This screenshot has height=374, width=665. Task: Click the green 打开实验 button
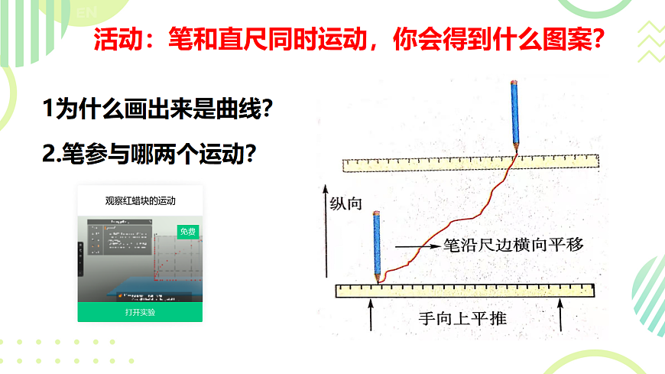point(140,312)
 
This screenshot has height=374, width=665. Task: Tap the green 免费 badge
point(187,231)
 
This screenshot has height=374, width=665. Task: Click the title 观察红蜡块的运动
point(140,201)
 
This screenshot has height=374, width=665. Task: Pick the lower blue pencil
point(377,245)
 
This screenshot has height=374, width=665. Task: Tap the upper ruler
point(470,162)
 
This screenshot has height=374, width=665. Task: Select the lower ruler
point(465,291)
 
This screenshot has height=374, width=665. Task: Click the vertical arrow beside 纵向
point(326,229)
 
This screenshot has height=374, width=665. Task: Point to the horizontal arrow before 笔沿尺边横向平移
point(416,246)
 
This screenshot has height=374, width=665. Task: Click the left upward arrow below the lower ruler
point(371,315)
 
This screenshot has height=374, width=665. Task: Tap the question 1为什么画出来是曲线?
point(159,110)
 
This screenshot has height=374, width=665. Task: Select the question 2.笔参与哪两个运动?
point(149,154)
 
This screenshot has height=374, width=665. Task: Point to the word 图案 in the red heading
point(562,40)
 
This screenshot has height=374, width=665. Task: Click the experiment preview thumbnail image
point(140,259)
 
